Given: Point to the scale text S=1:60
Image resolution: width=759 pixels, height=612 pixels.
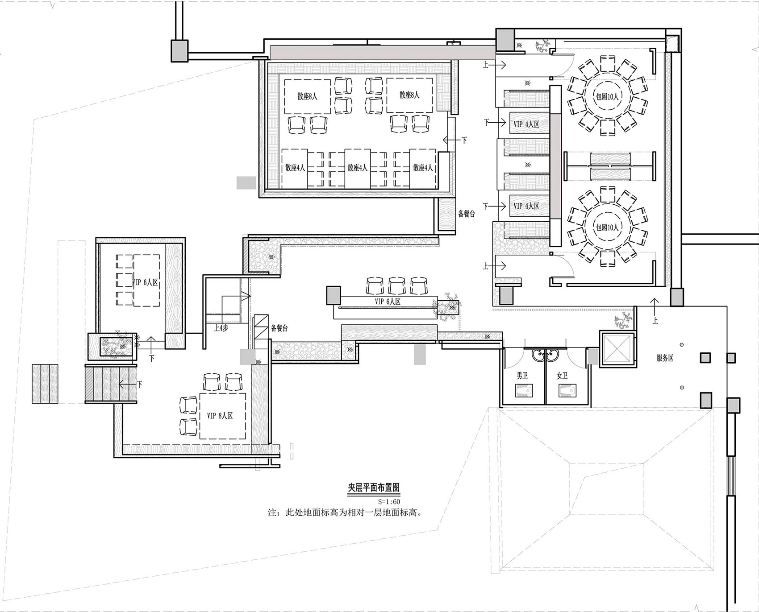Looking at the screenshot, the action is tap(389, 501).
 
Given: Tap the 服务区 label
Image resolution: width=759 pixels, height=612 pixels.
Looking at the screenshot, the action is tap(665, 358).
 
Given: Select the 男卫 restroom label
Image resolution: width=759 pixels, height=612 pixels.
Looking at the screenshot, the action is tap(522, 376).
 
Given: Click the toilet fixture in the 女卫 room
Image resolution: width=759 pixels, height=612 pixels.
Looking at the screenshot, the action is tap(565, 391).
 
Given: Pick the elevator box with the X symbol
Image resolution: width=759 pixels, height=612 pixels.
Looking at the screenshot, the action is tap(617, 349).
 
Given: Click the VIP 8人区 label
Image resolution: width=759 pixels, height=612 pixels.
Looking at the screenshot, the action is tap(220, 416).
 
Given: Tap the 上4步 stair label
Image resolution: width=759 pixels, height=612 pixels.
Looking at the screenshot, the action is tap(221, 327).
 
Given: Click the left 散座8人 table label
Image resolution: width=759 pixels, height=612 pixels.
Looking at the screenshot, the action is tap(308, 96).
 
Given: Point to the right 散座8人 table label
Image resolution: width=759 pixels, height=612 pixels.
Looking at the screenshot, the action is tap(409, 95).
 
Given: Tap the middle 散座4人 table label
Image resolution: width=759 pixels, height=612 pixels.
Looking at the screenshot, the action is tap(358, 168).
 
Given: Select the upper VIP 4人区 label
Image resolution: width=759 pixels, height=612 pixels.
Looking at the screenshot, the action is tap(526, 124).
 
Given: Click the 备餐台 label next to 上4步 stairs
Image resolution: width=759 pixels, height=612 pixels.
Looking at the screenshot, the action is tap(279, 328).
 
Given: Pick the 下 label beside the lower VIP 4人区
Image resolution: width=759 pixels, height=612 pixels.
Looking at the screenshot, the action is tap(486, 206).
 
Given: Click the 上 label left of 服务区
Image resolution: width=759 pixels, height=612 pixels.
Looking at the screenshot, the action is tap(656, 320).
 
